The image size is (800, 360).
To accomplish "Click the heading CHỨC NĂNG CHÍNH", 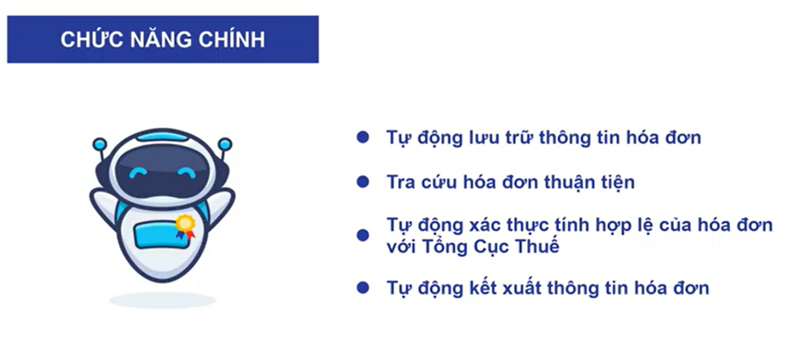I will pos(163,39).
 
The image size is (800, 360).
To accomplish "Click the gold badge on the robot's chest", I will pos(184,224).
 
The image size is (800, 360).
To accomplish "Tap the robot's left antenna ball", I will pos(99,143).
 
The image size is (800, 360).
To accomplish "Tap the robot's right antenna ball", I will pos(224,143).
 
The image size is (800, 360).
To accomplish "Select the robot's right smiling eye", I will pos(184,174).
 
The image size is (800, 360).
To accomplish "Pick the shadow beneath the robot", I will pos(162,300).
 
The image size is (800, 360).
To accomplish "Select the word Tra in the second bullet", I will pos(400,183).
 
